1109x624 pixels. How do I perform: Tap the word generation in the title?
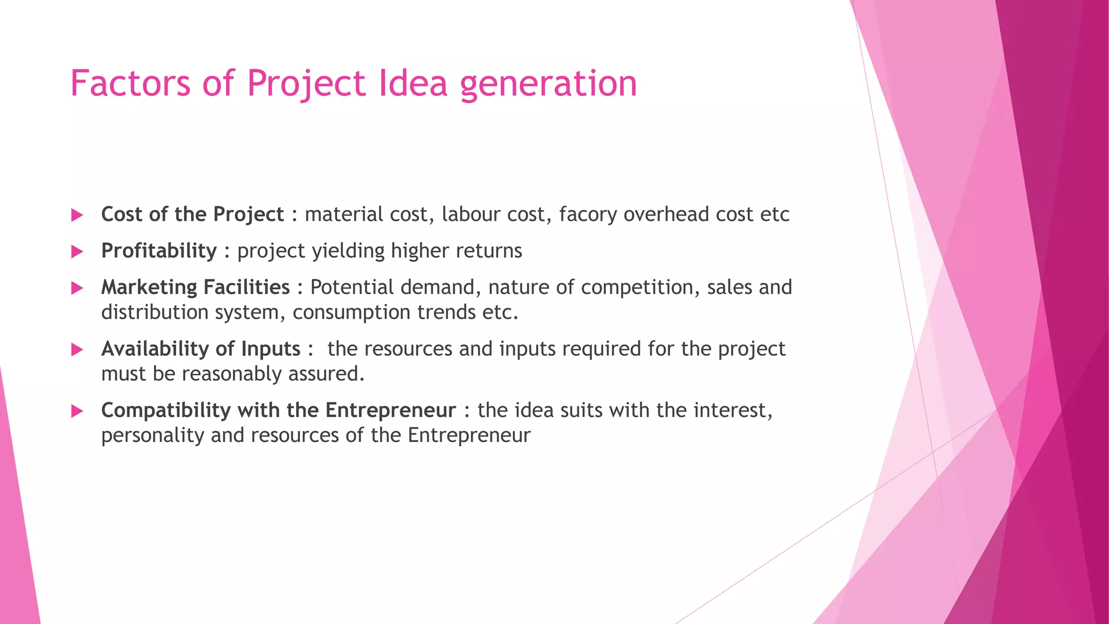click(x=548, y=84)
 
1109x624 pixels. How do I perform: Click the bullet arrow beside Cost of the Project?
click(x=77, y=216)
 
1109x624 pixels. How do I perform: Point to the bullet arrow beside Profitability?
click(x=77, y=251)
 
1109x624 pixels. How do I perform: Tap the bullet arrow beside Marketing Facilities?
click(x=77, y=288)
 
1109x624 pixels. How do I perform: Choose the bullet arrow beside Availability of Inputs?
click(x=77, y=349)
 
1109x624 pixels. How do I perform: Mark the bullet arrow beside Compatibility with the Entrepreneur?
click(x=77, y=411)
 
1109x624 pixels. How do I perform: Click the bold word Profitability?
click(x=159, y=251)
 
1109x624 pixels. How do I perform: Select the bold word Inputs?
click(x=271, y=349)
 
